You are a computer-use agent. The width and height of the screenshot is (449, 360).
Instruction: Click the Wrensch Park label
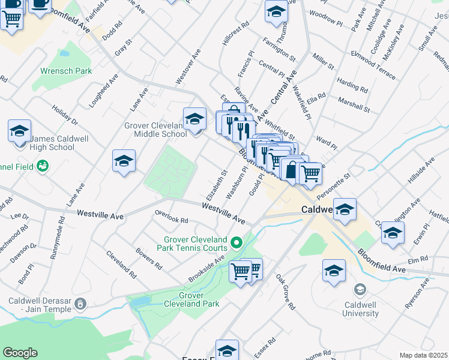[66, 71]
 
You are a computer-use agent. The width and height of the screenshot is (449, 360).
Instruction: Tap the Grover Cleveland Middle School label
[155, 130]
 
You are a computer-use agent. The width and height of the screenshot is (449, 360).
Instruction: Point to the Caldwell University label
[361, 309]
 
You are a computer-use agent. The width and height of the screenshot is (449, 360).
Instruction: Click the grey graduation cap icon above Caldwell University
[360, 290]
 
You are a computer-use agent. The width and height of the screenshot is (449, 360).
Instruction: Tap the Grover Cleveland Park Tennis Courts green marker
[237, 243]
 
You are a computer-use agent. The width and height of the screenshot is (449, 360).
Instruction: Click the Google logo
[20, 353]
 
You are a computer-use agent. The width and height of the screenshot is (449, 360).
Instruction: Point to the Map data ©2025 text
[423, 355]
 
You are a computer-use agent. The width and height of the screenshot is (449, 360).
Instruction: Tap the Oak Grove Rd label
[286, 293]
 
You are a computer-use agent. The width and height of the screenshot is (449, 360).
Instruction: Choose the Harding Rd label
[352, 85]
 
